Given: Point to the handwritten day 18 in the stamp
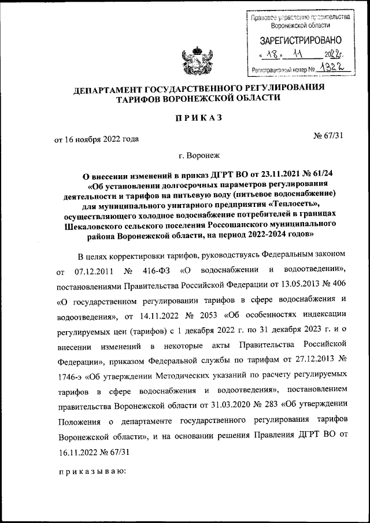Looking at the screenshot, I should (272, 55).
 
